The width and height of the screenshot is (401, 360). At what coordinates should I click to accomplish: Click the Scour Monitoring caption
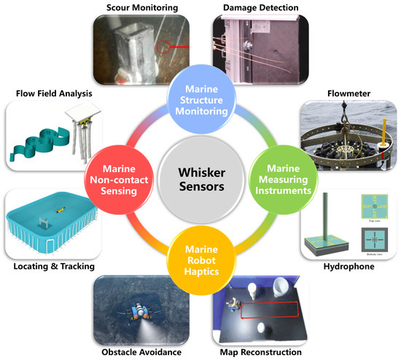click(138, 7)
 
